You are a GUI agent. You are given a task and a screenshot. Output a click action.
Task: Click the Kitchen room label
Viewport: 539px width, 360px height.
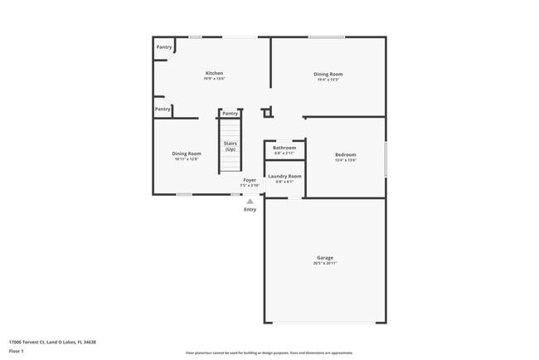tap(214, 73)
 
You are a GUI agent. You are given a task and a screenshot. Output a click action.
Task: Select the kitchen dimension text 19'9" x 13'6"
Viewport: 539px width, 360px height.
tap(214, 79)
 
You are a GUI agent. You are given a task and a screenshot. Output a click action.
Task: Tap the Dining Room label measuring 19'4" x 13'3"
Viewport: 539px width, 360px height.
tap(328, 74)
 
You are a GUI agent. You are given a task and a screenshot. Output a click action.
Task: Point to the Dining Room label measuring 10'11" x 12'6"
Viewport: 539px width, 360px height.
tap(187, 153)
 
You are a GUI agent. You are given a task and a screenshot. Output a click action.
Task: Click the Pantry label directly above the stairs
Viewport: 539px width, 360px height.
tap(230, 113)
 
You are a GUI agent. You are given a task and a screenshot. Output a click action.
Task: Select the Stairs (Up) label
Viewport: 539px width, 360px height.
tap(230, 146)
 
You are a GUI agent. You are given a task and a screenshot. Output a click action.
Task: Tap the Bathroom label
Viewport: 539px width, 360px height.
tap(284, 148)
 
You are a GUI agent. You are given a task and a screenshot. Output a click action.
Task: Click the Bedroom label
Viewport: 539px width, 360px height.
tap(346, 155)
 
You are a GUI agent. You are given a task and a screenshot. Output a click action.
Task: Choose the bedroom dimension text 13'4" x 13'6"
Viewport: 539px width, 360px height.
tap(346, 161)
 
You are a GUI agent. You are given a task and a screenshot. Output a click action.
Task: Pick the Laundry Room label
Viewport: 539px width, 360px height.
tap(284, 176)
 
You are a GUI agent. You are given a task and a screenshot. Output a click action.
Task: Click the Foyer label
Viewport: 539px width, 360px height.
tap(249, 180)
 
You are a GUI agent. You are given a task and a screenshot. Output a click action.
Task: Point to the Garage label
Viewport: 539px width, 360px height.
tap(325, 258)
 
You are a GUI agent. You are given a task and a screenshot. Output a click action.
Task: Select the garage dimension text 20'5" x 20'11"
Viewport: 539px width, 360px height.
tap(325, 264)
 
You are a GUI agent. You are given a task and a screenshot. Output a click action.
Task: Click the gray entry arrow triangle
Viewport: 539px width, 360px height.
tap(250, 201)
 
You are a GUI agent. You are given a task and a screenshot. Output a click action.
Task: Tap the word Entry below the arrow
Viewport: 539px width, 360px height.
tap(250, 209)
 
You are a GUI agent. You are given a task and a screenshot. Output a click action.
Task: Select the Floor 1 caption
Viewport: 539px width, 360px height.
tap(16, 351)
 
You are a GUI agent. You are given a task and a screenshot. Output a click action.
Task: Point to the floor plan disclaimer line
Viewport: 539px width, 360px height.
tap(269, 353)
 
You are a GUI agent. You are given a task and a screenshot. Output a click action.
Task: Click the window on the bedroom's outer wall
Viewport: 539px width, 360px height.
tap(386, 158)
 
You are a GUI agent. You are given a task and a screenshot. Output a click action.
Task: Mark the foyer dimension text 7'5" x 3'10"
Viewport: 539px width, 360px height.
tap(249, 186)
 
